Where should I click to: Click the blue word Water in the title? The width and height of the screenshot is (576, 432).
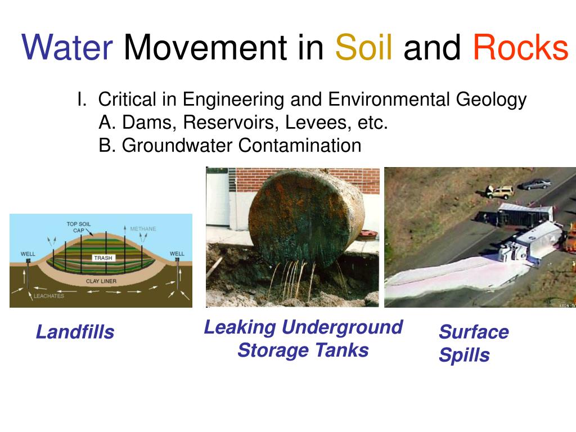(x=67, y=47)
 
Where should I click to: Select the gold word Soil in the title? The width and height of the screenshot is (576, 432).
(x=364, y=47)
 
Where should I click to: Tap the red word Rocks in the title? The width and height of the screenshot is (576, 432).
(x=520, y=47)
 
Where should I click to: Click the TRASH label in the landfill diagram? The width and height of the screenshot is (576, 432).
(x=103, y=258)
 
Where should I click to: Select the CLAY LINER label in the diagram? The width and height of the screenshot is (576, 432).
(x=101, y=281)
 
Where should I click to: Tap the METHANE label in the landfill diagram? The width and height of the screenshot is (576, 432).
(x=143, y=229)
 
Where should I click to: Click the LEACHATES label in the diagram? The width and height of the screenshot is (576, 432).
(x=49, y=296)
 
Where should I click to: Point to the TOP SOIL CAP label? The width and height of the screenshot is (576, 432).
(x=79, y=227)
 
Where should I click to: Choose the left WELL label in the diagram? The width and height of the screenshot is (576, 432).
(x=28, y=254)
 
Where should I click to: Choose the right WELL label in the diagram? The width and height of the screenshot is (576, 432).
(x=177, y=254)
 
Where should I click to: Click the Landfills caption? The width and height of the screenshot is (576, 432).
(x=75, y=332)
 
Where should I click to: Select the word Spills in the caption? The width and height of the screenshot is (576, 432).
(x=464, y=355)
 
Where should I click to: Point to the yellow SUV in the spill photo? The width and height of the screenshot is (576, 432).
(x=499, y=192)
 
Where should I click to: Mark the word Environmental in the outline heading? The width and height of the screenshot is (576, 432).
(x=389, y=99)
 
